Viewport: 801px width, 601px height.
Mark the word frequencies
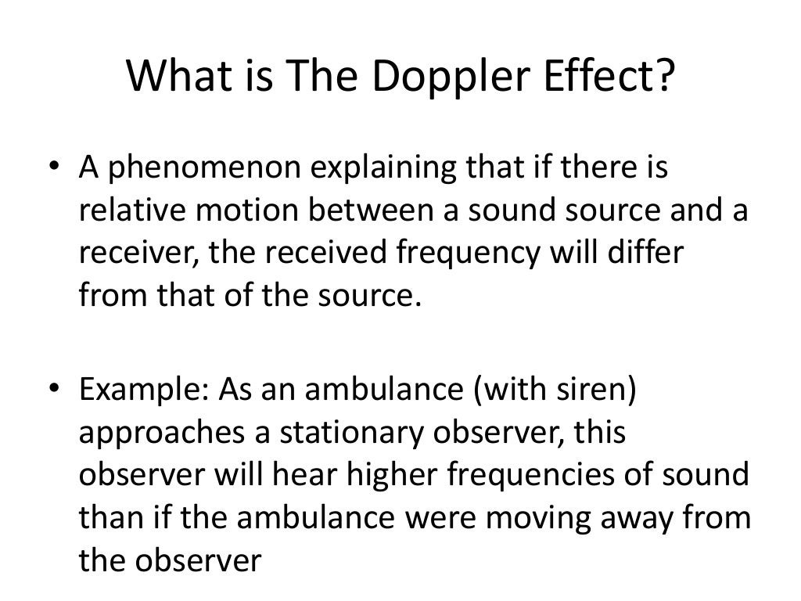pyautogui.click(x=548, y=477)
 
